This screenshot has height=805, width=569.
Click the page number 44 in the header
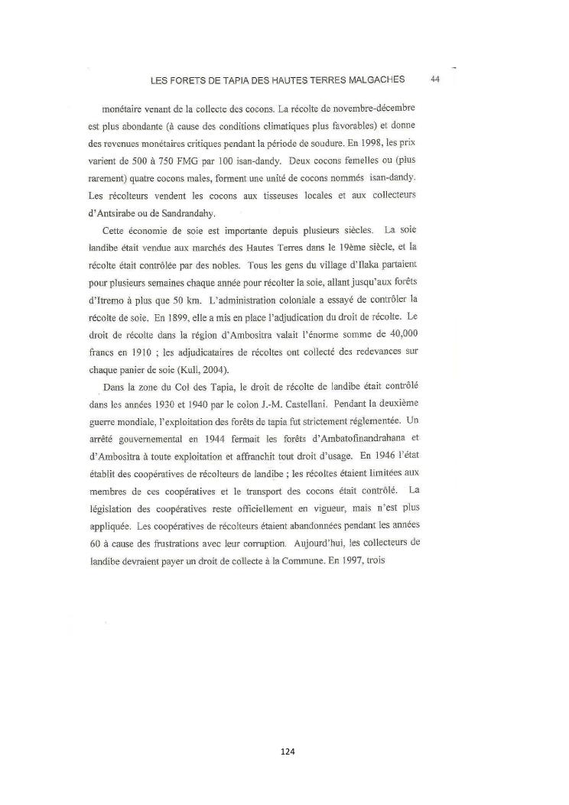click(x=434, y=79)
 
